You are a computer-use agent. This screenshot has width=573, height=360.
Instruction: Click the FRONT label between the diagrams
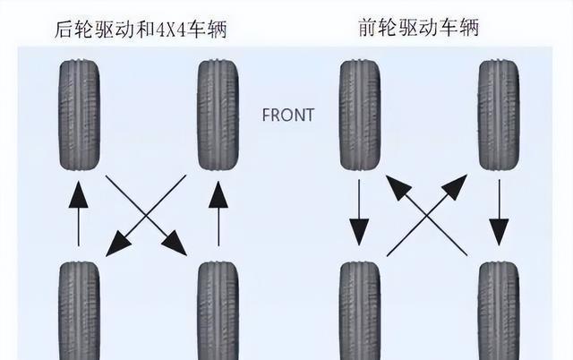(288, 116)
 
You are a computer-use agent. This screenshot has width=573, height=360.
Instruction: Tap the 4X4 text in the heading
(171, 30)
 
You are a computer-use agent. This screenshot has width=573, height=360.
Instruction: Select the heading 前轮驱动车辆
(418, 28)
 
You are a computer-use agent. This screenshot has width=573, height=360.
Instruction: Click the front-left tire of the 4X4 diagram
(80, 116)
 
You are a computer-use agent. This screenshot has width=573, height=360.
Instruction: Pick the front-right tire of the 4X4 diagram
(218, 116)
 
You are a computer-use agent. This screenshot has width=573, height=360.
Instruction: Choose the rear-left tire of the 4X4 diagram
(80, 311)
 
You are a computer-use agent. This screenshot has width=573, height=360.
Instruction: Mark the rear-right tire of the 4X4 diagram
(218, 311)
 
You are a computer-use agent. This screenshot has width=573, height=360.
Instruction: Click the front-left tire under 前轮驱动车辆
(360, 116)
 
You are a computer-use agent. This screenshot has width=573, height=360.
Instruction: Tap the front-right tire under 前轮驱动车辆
(499, 116)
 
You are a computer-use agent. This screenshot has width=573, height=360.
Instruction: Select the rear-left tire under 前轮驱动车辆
(360, 311)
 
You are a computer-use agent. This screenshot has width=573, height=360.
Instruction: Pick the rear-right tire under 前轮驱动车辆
(499, 311)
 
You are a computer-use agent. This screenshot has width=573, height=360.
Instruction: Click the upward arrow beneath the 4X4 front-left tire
(79, 213)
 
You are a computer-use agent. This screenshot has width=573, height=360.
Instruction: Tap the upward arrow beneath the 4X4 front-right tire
(218, 213)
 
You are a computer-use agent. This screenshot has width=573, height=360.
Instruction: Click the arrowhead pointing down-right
(175, 244)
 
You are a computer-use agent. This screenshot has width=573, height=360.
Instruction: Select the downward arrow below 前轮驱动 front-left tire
(359, 212)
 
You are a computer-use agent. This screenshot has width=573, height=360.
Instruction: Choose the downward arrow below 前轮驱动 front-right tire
(500, 212)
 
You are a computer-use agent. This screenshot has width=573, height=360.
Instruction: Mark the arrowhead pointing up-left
(399, 188)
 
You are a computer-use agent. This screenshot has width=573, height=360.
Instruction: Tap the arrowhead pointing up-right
(455, 187)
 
